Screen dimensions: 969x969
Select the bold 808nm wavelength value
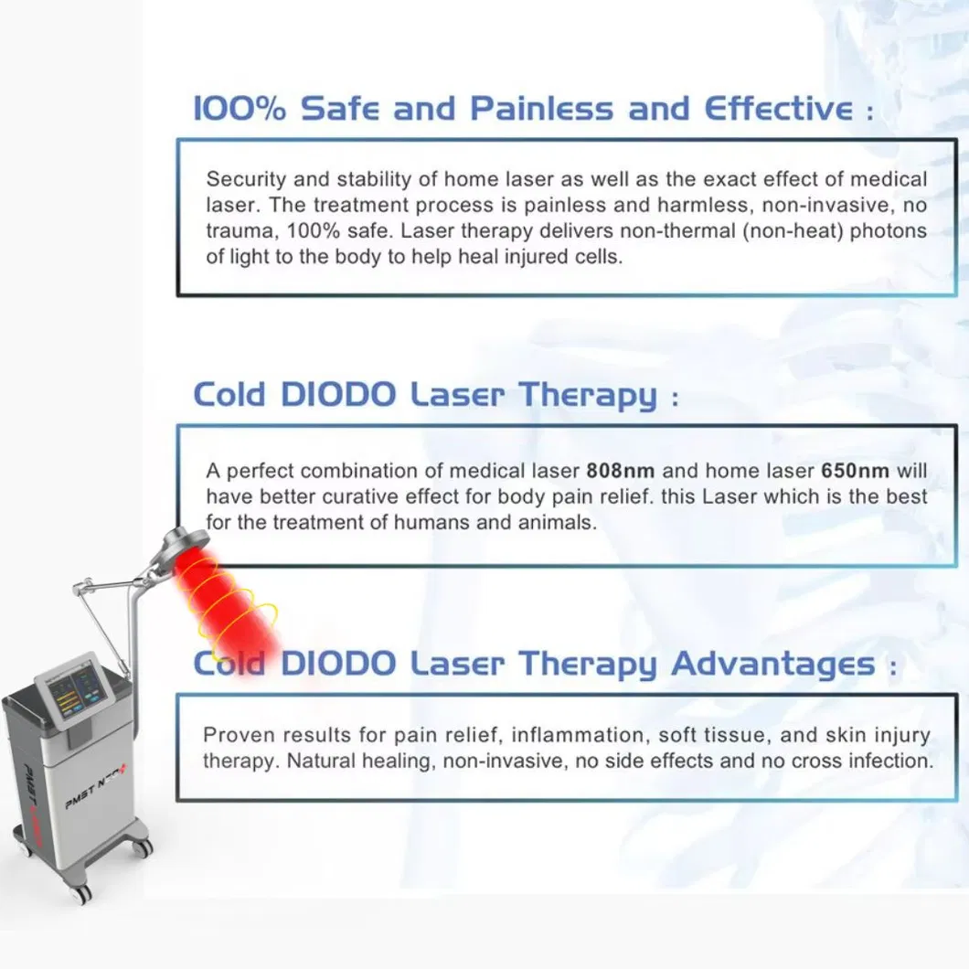point(621,471)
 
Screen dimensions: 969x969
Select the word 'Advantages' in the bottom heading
point(773,664)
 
